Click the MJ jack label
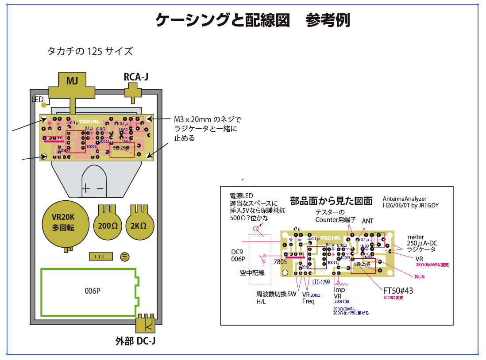coord(72,81)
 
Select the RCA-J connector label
coord(136,77)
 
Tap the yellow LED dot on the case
coord(44,105)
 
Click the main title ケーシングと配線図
coord(223,20)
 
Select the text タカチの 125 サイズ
coord(90,51)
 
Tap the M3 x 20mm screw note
coord(208,129)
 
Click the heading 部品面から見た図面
coord(331,201)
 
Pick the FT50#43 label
coord(397,291)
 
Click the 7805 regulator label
coord(280,261)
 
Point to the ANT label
coord(368,221)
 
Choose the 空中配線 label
coord(252,273)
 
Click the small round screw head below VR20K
coord(125,257)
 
